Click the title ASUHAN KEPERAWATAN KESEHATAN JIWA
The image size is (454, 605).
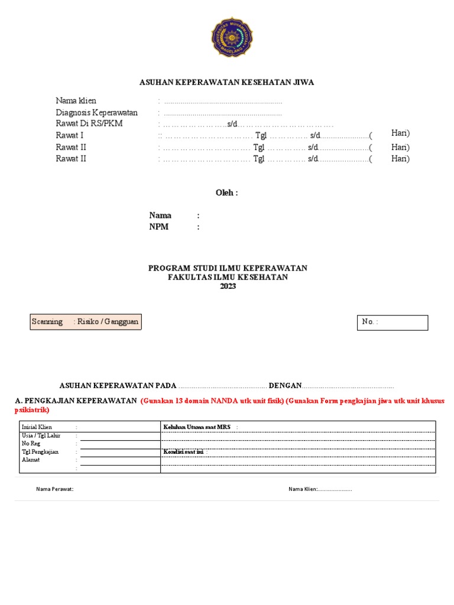[x=226, y=82]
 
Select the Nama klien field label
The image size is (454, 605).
[x=76, y=101]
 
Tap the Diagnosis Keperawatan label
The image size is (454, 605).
[x=97, y=112]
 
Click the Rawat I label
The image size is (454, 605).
[x=70, y=135]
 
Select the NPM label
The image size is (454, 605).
[x=159, y=227]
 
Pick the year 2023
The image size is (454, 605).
[x=228, y=287]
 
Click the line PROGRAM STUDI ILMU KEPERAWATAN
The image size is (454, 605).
[x=228, y=268]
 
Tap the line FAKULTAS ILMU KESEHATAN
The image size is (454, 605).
[x=228, y=277]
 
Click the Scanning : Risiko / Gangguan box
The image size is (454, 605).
[x=86, y=321]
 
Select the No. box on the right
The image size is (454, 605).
[x=393, y=322]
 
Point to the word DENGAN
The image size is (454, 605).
[x=285, y=386]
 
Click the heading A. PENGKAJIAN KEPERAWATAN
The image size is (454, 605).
[x=76, y=401]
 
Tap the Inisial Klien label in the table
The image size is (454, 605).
[x=37, y=427]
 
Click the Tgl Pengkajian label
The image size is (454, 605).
[x=41, y=452]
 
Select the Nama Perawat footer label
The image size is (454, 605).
[x=54, y=489]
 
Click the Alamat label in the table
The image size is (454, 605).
[x=31, y=460]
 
